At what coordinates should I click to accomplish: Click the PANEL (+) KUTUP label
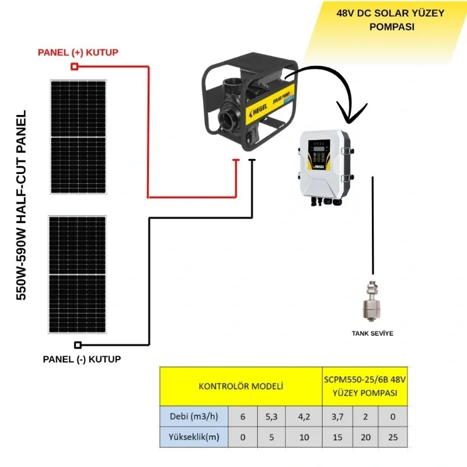click(78, 53)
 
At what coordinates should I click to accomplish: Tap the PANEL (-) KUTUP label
click(82, 359)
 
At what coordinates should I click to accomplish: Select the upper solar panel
click(78, 137)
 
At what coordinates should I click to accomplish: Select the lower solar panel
click(78, 275)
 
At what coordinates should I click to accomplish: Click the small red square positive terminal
click(74, 67)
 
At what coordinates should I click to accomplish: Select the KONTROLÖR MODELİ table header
click(241, 386)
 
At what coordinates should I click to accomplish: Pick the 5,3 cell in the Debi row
click(271, 416)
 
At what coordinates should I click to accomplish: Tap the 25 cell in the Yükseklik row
click(392, 437)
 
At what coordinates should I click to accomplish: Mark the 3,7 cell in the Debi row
click(337, 416)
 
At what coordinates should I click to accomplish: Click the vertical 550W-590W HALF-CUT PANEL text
click(22, 204)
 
